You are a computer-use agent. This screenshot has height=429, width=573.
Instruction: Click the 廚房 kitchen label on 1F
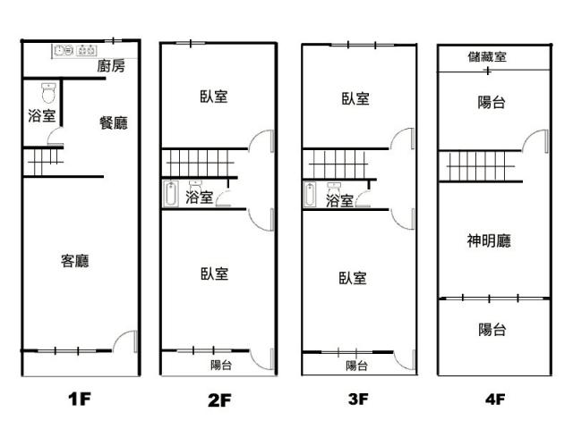click(111, 66)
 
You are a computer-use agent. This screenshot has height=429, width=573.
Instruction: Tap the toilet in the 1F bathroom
click(48, 93)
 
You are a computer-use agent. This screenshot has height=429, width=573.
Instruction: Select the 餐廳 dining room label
click(114, 123)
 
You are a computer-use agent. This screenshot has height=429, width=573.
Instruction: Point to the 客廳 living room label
click(75, 261)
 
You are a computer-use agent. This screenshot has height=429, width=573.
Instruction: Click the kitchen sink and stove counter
click(74, 50)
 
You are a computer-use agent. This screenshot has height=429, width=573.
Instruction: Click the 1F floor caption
click(80, 399)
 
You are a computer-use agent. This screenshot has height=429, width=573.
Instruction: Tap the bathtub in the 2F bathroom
click(170, 194)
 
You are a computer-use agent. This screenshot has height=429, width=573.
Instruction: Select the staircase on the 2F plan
click(199, 163)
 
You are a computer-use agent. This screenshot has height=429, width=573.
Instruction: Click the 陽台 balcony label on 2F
click(221, 365)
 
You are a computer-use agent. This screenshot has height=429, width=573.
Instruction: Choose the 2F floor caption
click(219, 400)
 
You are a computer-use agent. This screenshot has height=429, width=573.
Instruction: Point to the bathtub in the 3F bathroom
click(310, 195)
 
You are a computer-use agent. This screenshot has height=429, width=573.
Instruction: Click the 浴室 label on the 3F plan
click(340, 200)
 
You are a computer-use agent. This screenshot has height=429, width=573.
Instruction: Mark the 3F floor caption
click(358, 399)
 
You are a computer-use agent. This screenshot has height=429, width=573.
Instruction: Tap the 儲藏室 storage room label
click(487, 56)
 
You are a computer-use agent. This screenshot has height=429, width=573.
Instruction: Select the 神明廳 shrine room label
click(489, 240)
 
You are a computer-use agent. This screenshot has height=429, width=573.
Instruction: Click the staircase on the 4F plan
click(480, 166)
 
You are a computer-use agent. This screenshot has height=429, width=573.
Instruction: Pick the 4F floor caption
click(495, 400)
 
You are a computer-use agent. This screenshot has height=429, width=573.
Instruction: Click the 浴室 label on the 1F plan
click(42, 115)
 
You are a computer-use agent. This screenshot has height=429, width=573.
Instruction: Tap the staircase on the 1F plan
click(43, 162)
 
